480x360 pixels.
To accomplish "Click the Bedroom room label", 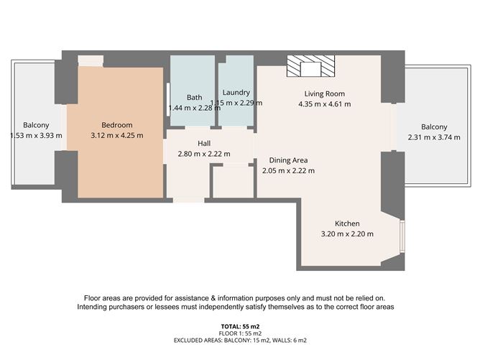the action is pyautogui.click(x=117, y=125).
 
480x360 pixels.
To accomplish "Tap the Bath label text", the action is pyautogui.click(x=195, y=97).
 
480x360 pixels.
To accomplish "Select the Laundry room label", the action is pyautogui.click(x=236, y=93).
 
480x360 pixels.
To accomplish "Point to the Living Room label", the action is pyautogui.click(x=325, y=93).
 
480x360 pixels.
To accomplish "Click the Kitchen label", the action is pyautogui.click(x=347, y=223).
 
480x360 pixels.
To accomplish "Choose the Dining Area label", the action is pyautogui.click(x=288, y=160).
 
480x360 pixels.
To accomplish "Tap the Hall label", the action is pyautogui.click(x=204, y=143).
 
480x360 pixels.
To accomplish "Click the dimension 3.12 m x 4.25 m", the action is pyautogui.click(x=117, y=135).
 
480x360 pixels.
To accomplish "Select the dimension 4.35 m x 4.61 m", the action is pyautogui.click(x=325, y=104).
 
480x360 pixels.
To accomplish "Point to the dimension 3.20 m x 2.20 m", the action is pyautogui.click(x=347, y=234).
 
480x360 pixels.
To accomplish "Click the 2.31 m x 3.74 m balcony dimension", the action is pyautogui.click(x=434, y=137).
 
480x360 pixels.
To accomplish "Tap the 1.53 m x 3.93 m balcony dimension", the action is pyautogui.click(x=36, y=135).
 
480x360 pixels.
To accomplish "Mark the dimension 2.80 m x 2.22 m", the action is pyautogui.click(x=204, y=154).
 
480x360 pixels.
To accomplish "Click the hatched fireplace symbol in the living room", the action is pyautogui.click(x=310, y=66).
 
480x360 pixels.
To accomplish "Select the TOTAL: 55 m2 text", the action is pyautogui.click(x=240, y=326).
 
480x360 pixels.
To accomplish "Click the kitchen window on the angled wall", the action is pyautogui.click(x=402, y=236).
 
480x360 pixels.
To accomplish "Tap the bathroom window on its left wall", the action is pyautogui.click(x=168, y=100).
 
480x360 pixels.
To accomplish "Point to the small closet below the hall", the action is pyautogui.click(x=234, y=182).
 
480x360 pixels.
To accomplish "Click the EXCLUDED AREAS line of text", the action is pyautogui.click(x=240, y=340).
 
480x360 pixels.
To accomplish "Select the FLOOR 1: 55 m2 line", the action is pyautogui.click(x=240, y=333).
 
